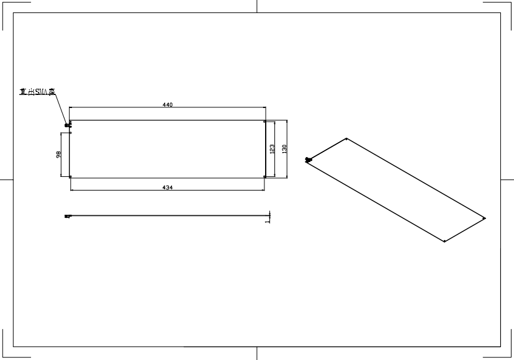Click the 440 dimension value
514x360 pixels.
click(x=167, y=105)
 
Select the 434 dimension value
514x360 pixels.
click(x=167, y=187)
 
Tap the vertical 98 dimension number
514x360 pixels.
click(x=59, y=155)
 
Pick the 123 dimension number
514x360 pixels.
click(x=272, y=149)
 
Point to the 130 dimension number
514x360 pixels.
click(x=284, y=149)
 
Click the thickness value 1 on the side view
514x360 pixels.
click(x=267, y=219)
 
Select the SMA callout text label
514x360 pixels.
click(x=37, y=92)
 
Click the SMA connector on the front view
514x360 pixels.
click(x=68, y=125)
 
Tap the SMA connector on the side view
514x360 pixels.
click(x=67, y=216)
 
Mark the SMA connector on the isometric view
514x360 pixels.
click(x=308, y=160)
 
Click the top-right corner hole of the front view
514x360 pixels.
click(x=265, y=122)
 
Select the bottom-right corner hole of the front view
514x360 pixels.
click(x=265, y=177)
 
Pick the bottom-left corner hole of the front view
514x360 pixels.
click(x=71, y=177)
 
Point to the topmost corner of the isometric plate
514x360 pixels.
click(x=346, y=138)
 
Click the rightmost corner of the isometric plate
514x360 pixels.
click(x=484, y=218)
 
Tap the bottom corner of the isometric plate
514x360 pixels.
click(x=444, y=241)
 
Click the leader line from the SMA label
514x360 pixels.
click(x=61, y=109)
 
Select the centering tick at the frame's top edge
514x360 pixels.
click(x=257, y=6)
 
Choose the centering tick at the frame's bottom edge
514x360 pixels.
click(x=257, y=353)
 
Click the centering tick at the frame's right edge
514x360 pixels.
click(x=507, y=179)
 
